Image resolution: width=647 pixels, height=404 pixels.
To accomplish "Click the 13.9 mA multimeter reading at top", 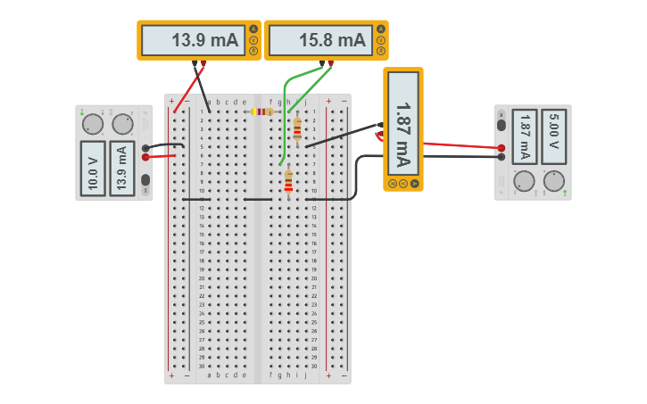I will (194, 40).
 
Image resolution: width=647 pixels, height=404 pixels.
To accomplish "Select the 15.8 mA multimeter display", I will (320, 40).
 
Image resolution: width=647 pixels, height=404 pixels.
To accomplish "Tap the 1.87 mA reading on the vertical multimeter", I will (402, 122).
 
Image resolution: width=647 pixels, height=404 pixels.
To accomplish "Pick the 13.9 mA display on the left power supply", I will (122, 168).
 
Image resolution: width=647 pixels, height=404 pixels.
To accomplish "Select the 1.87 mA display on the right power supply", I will (525, 136).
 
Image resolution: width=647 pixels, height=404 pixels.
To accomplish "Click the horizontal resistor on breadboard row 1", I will (262, 111).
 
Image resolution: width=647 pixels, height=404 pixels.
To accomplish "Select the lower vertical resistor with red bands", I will (287, 181).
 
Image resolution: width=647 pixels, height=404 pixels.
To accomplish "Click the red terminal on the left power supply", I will (145, 157).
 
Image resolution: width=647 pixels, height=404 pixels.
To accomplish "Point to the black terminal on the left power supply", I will (145, 148).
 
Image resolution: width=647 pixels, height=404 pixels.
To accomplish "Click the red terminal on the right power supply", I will (502, 148).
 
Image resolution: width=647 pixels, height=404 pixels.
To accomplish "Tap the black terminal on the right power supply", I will (502, 157).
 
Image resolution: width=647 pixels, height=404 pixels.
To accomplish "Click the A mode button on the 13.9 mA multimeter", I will (253, 29).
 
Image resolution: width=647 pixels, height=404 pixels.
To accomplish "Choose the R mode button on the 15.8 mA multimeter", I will (381, 51).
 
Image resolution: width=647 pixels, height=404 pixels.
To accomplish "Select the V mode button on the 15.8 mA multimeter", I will (381, 40).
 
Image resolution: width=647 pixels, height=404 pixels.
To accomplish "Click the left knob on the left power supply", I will (92, 124).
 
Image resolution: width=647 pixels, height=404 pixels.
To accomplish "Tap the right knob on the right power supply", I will (554, 181).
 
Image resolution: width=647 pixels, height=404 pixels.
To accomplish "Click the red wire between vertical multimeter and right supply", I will (455, 144).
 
